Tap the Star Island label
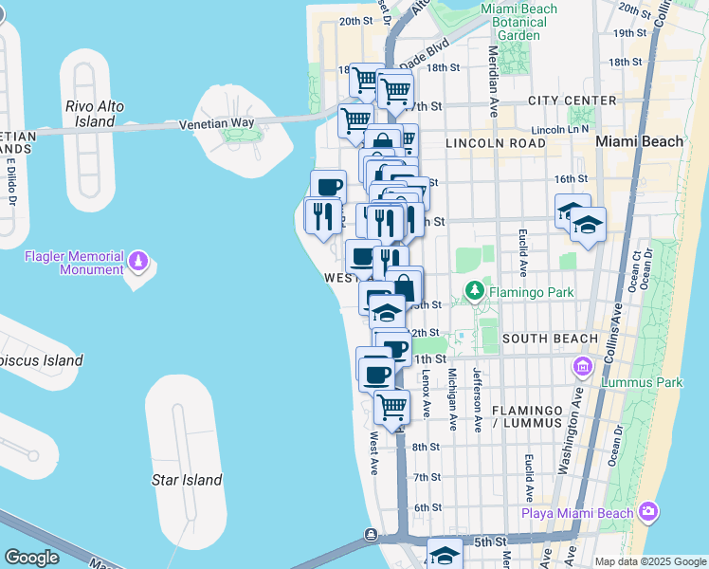click(187, 480)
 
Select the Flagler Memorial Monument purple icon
click(138, 258)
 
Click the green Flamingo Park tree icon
click(472, 291)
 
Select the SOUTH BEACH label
click(550, 339)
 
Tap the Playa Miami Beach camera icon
click(648, 512)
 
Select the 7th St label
click(427, 477)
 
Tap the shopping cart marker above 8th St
click(391, 408)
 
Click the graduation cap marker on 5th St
click(444, 555)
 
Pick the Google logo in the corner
click(32, 558)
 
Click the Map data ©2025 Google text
click(649, 561)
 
